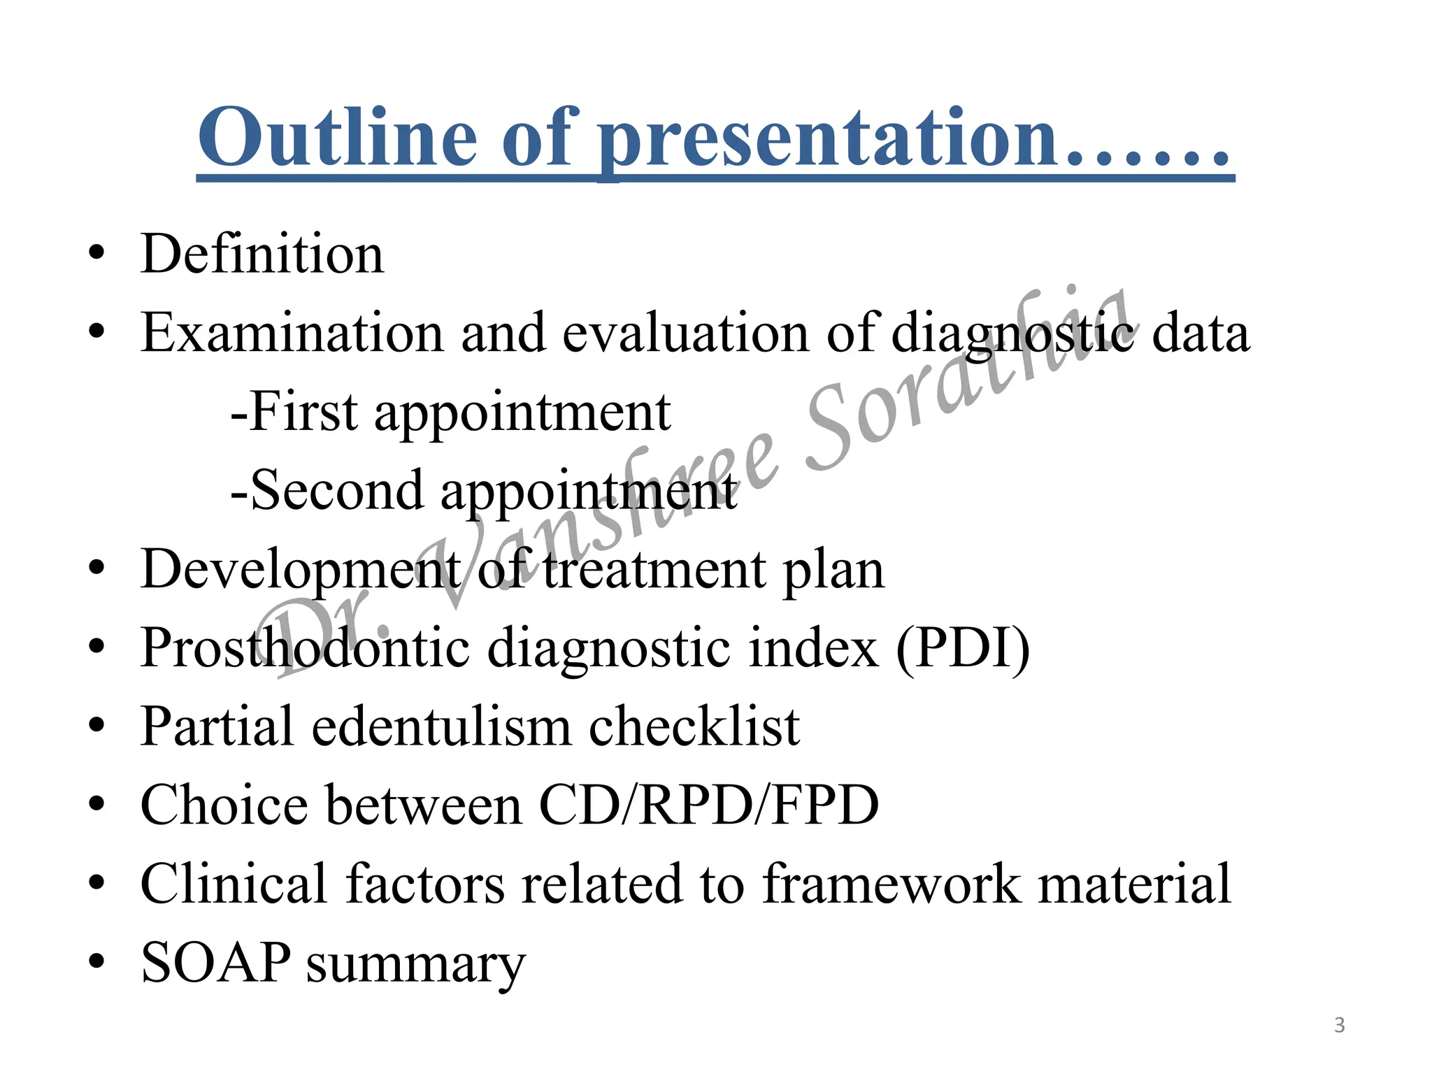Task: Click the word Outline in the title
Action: coord(343,138)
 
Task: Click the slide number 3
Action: coord(1339,1025)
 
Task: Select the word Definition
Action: coord(262,254)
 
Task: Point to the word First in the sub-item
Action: coord(303,412)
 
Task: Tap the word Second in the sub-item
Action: coord(336,490)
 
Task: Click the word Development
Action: coord(301,571)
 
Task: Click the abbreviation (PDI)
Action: coord(963,648)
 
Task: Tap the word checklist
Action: coord(694,727)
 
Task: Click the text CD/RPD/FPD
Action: coord(708,805)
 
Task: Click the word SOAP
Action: coord(215,963)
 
